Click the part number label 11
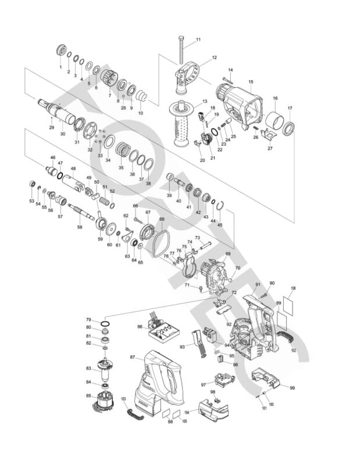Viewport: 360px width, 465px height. tap(198, 40)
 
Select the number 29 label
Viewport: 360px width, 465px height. tap(51, 127)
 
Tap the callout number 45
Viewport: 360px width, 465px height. tap(220, 224)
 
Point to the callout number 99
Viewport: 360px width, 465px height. tap(293, 388)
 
